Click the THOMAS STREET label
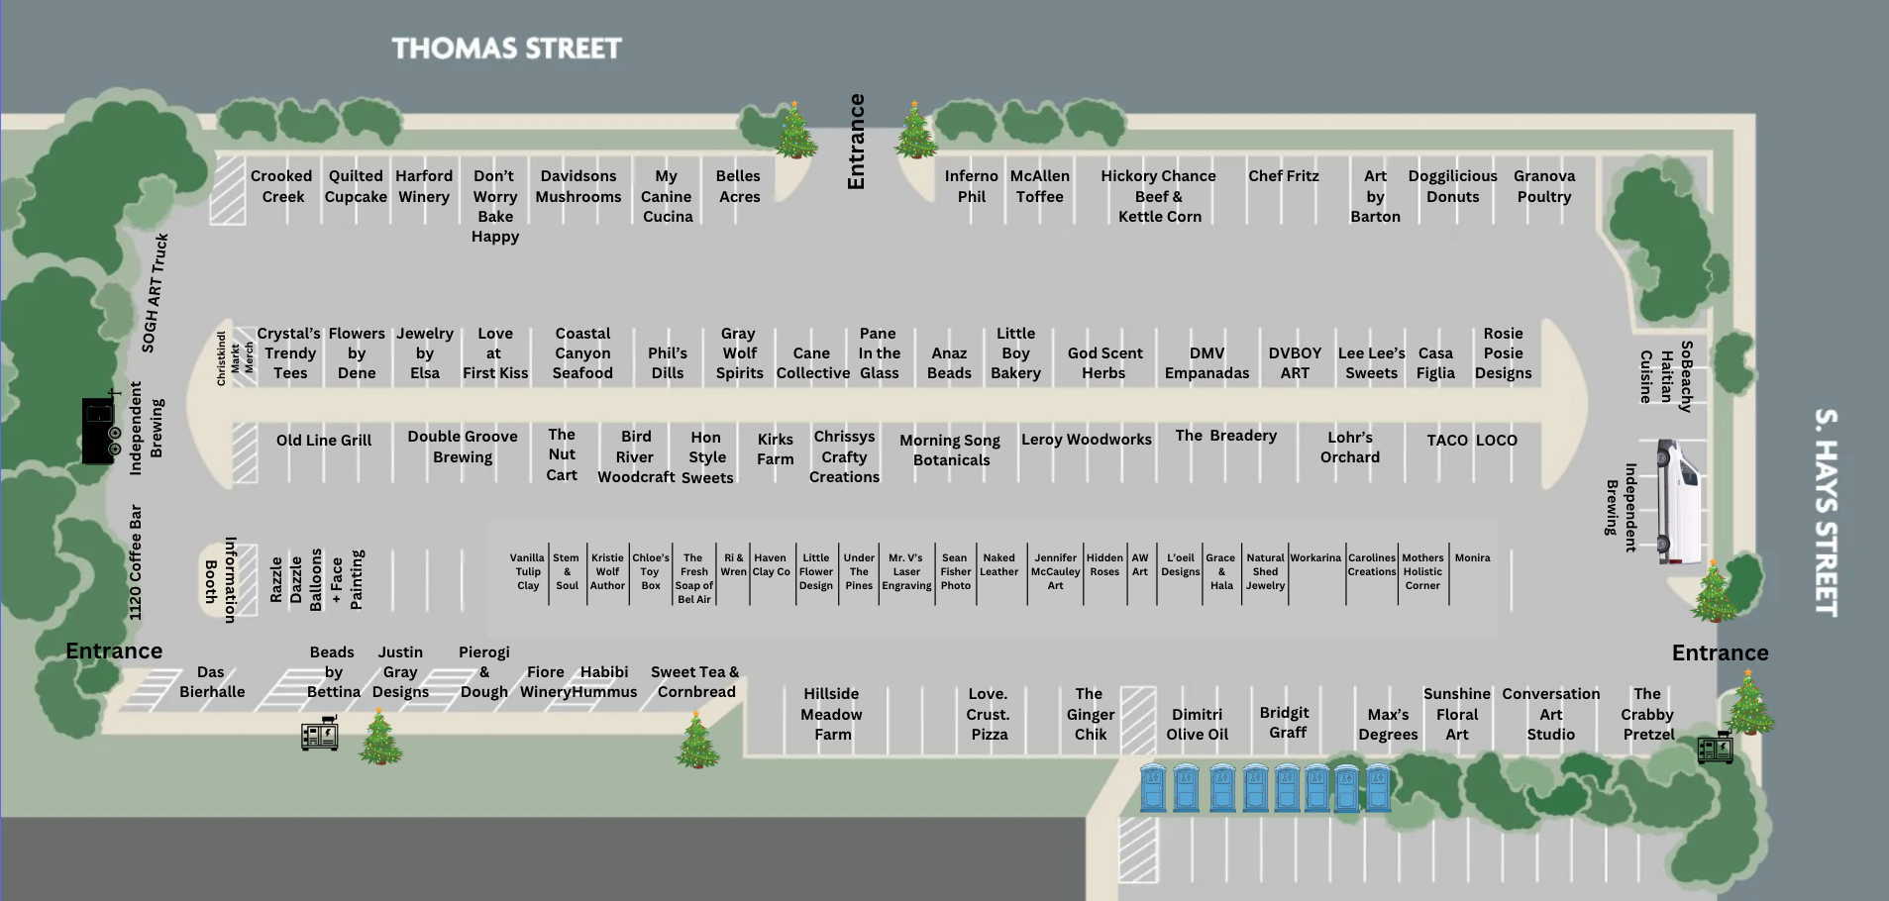[506, 49]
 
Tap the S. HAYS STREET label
[1826, 512]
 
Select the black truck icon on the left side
[100, 430]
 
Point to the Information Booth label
[220, 580]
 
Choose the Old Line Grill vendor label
[324, 441]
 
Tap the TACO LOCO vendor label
[1472, 441]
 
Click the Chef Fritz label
[1283, 176]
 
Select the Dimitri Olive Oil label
[1197, 724]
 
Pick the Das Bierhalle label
[211, 682]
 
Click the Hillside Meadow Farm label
[832, 714]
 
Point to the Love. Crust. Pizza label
[989, 714]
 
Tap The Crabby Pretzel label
[1647, 714]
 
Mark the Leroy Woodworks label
[1086, 440]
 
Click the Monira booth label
[1472, 558]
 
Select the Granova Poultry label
[1543, 186]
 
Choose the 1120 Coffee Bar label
[136, 562]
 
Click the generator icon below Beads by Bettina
[320, 734]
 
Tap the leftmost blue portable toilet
[1152, 788]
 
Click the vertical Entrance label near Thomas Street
[857, 142]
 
